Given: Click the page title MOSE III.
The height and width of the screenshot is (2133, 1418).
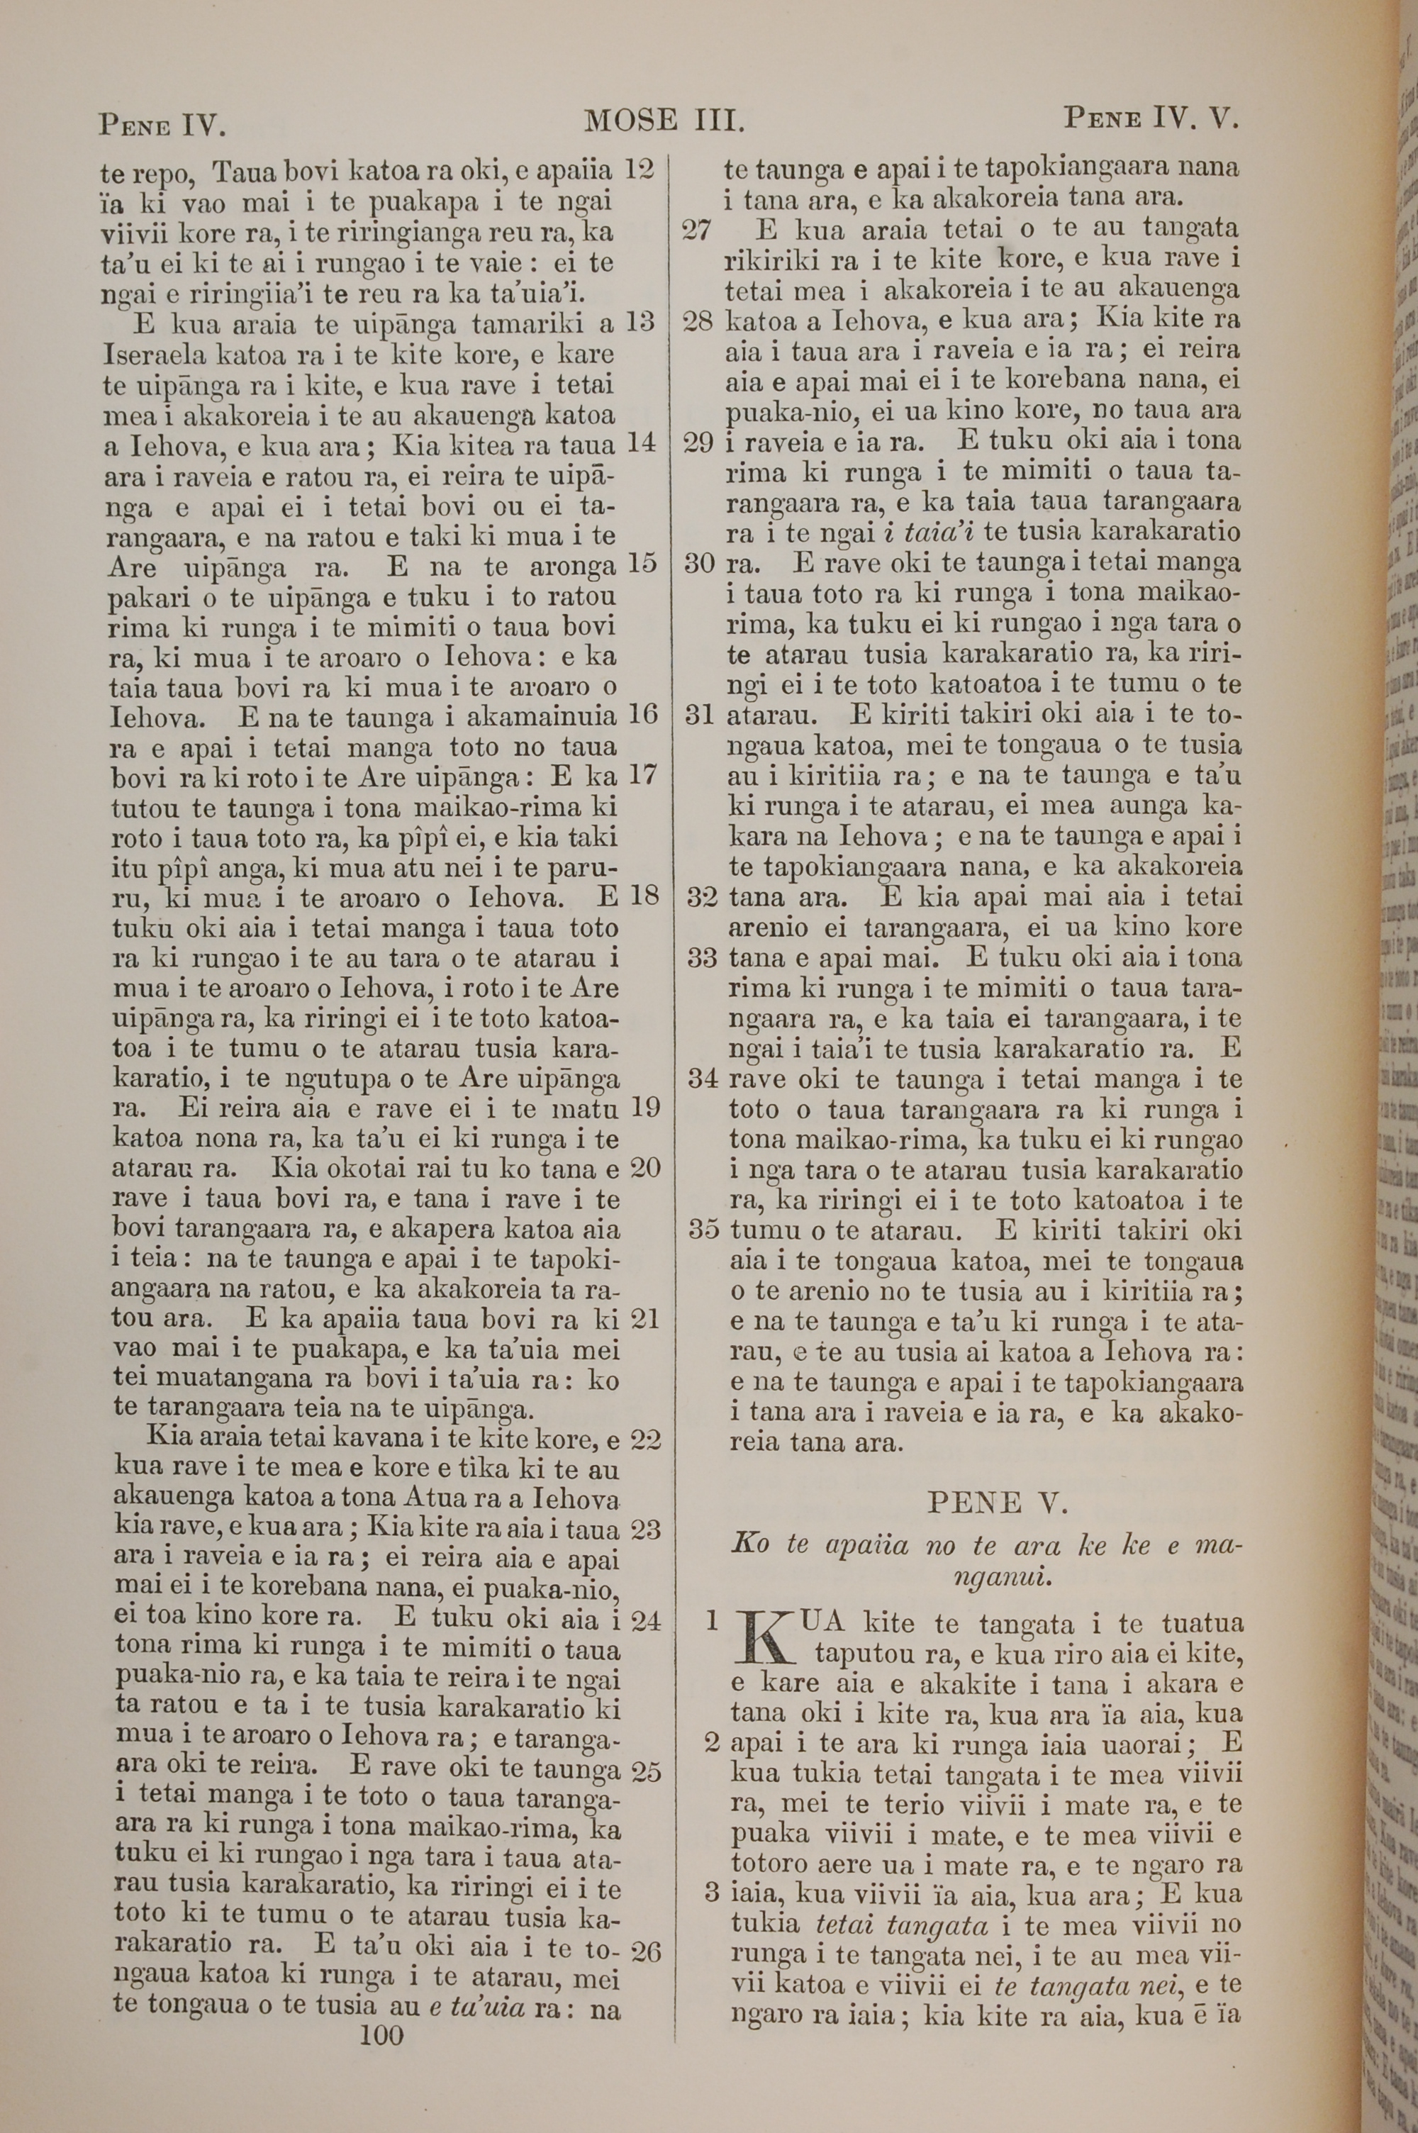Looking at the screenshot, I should coord(665,121).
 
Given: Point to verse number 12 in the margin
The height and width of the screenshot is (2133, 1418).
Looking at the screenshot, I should coord(640,169).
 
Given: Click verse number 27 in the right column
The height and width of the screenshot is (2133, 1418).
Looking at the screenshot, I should coord(697,230).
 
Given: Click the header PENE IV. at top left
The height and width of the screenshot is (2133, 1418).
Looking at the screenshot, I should coord(162,123).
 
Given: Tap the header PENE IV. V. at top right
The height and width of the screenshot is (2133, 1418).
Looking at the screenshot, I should coord(1149,118).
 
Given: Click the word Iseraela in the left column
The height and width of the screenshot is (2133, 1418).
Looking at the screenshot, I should coord(152,354).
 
